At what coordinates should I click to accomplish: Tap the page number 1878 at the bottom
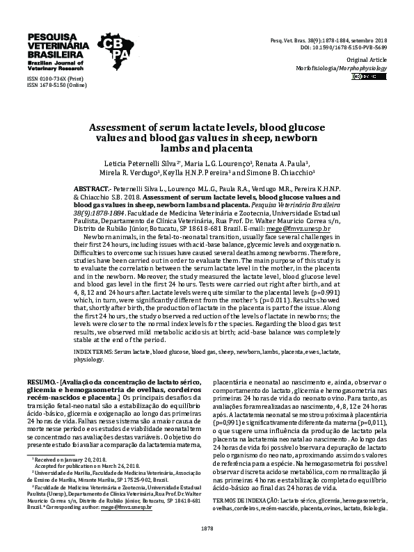tap(207, 529)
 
